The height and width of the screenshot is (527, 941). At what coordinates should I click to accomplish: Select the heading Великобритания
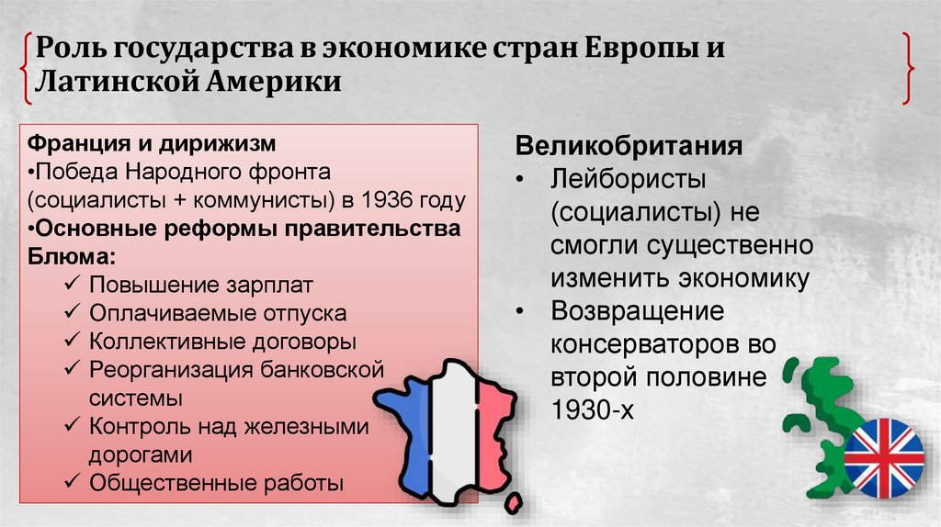click(x=629, y=147)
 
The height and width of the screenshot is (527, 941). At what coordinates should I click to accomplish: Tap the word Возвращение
click(x=638, y=312)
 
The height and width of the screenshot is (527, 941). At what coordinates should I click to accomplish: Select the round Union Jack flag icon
click(x=884, y=457)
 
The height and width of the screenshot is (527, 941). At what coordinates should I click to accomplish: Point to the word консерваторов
click(x=653, y=345)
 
